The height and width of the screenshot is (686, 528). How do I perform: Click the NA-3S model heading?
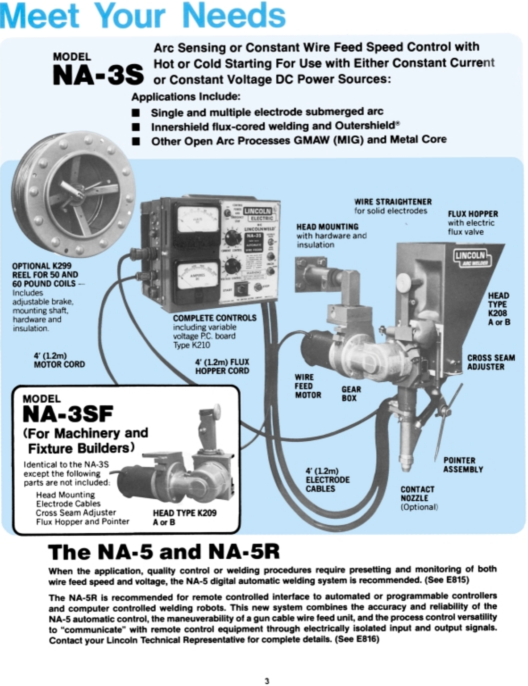point(98,74)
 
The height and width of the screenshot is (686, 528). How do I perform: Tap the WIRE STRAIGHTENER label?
point(393,202)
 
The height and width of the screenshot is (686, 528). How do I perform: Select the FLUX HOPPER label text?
point(473,214)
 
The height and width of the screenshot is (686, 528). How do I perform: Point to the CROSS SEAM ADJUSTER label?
point(491,362)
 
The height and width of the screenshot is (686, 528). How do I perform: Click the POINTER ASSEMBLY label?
point(463,464)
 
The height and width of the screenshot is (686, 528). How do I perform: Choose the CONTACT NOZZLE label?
point(417,494)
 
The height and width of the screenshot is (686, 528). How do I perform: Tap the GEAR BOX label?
point(351,393)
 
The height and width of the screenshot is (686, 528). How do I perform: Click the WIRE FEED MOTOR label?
point(308,386)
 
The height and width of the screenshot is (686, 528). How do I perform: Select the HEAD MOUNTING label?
point(327,227)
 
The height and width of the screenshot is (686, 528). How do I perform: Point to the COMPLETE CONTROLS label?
point(215,318)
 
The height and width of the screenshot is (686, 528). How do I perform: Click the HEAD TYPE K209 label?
point(184,513)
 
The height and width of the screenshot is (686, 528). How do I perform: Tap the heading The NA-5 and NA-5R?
point(164,552)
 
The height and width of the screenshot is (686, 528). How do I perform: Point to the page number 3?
point(267,681)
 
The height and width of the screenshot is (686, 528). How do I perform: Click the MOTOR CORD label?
point(59,360)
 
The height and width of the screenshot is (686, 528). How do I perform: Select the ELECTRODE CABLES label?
point(327,480)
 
